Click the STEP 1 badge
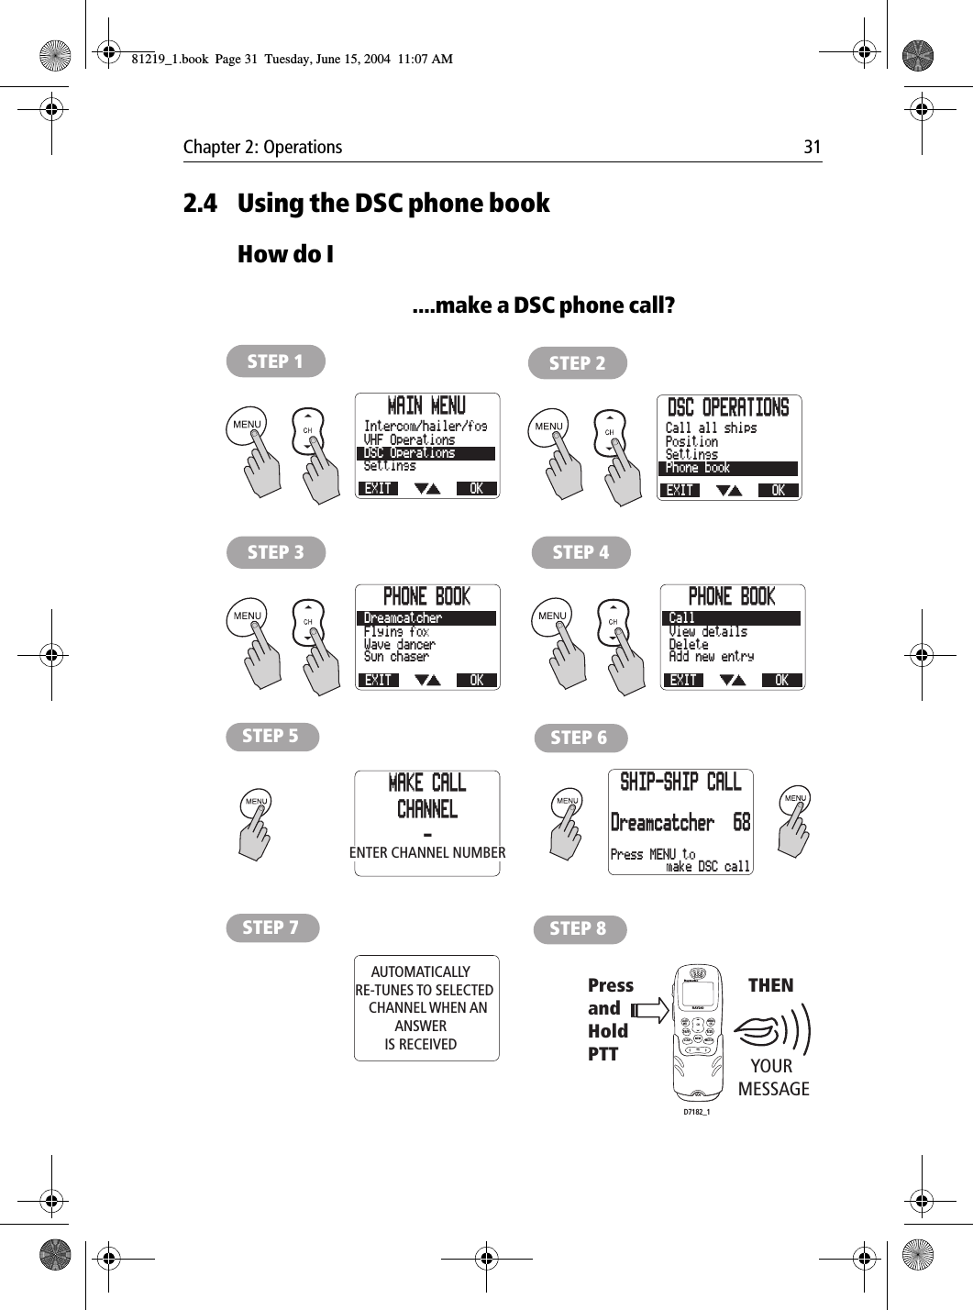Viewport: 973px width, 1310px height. (275, 361)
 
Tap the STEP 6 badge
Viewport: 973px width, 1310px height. (580, 738)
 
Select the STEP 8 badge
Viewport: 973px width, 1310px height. (579, 928)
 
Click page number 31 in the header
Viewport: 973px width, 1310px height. (812, 147)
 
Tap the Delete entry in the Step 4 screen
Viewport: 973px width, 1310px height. (689, 644)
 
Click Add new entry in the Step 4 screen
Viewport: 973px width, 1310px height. (711, 657)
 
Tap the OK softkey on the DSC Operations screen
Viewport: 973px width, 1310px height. (779, 491)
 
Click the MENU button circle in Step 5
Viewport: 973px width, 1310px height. (256, 802)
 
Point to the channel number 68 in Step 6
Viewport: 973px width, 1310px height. (741, 823)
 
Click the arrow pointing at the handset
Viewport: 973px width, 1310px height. (650, 1011)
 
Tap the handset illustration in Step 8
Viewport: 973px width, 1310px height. (698, 1032)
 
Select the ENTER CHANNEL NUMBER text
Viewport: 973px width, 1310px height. (427, 852)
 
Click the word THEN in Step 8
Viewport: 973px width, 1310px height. (770, 985)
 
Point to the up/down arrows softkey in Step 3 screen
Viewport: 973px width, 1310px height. (427, 680)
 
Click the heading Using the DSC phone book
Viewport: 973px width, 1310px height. (393, 203)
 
